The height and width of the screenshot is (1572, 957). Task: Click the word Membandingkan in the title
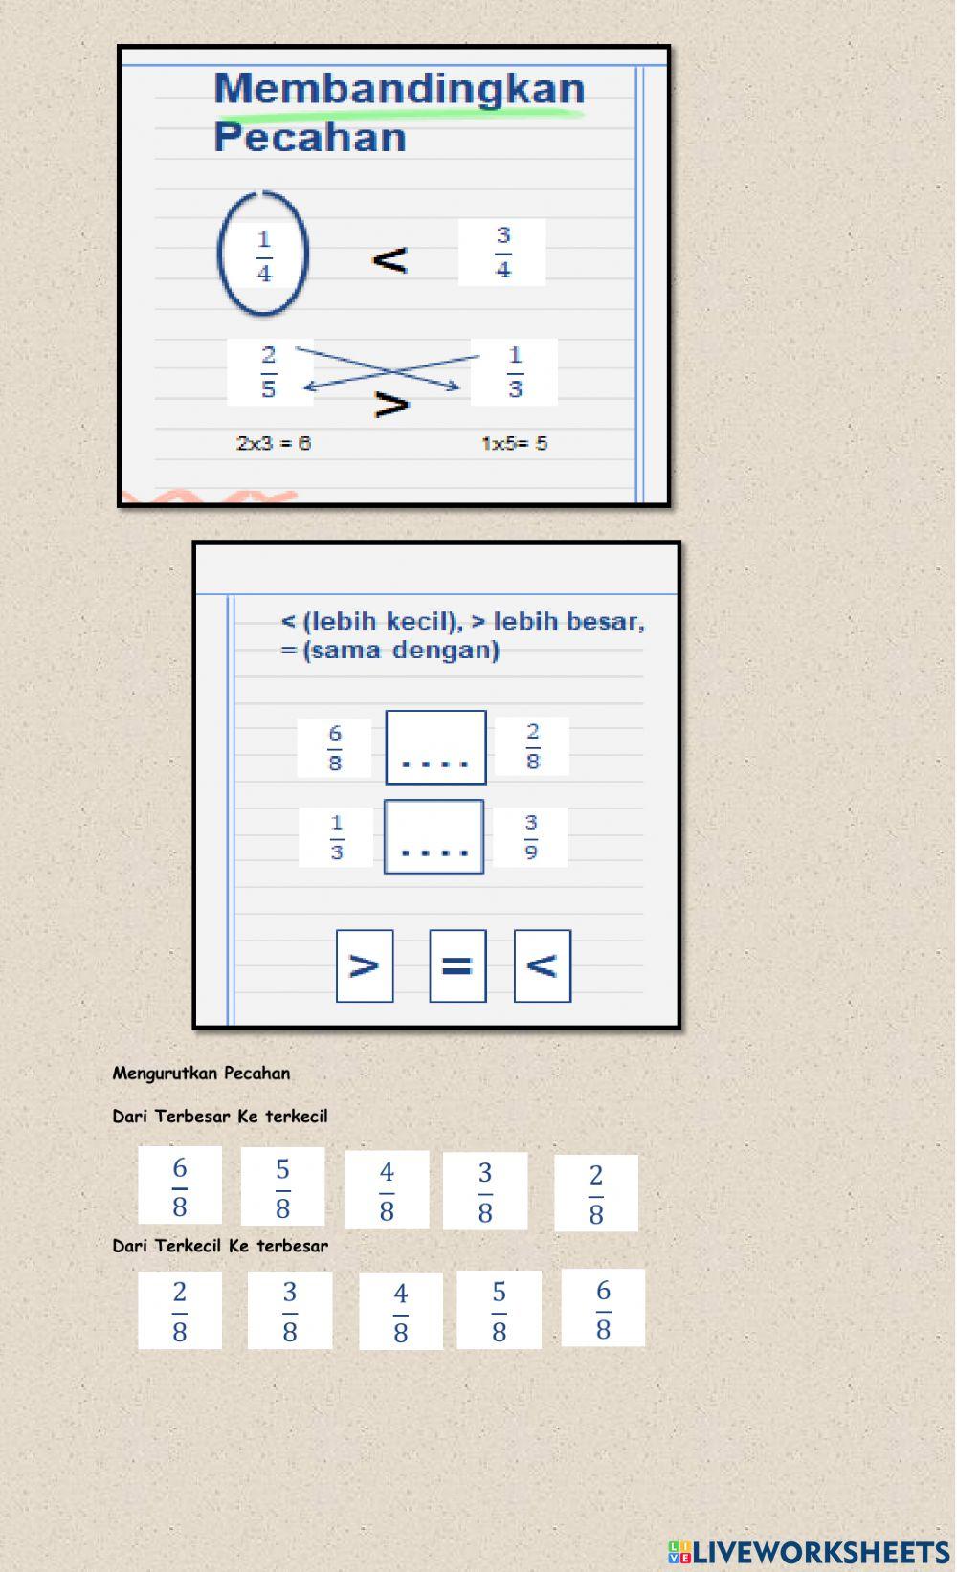(399, 89)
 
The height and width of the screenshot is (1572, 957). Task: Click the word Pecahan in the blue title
(310, 137)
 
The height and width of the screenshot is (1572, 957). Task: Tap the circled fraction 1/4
(263, 255)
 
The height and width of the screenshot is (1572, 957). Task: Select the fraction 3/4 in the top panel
(502, 253)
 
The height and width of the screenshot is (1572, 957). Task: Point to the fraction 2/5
(269, 372)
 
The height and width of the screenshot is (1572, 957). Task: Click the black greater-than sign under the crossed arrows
(391, 405)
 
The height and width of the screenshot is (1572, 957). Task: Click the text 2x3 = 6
(274, 444)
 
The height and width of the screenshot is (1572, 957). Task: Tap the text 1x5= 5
(514, 444)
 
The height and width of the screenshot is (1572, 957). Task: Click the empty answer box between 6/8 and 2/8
(435, 747)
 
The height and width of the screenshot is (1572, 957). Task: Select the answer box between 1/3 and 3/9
(434, 836)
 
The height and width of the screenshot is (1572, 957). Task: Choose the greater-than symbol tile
(365, 965)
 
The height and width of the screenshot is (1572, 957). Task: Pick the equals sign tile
(457, 965)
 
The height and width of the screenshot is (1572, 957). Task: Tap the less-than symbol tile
(542, 965)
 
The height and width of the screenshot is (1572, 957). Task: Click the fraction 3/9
(531, 836)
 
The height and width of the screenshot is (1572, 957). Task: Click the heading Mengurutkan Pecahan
(201, 1073)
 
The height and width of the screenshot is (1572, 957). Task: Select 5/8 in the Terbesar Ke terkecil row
(282, 1187)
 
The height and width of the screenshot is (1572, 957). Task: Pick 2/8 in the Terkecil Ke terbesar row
(180, 1310)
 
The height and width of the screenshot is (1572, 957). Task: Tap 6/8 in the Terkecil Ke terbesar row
(603, 1308)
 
